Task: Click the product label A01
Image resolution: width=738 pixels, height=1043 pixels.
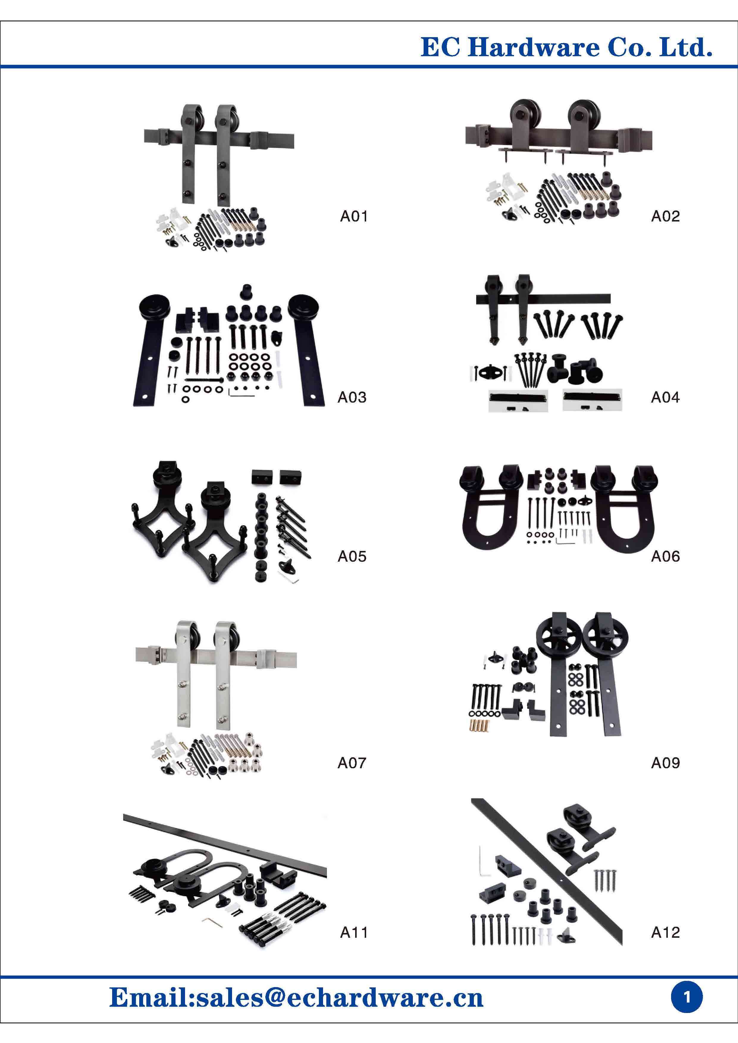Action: [x=354, y=216]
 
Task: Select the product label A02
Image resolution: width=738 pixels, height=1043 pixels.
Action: [x=665, y=216]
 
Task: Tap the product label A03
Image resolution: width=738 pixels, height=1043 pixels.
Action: [x=352, y=398]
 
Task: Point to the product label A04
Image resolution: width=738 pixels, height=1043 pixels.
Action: [x=665, y=398]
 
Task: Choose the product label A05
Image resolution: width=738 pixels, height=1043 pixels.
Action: [x=352, y=557]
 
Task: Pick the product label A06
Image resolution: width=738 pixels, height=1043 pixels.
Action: [x=665, y=557]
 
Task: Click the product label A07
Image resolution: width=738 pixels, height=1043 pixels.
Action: [x=352, y=763]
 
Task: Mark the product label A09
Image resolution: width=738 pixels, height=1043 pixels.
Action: [x=665, y=763]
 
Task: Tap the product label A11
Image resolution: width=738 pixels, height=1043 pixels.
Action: [x=354, y=929]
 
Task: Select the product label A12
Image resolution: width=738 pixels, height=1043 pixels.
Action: [x=665, y=929]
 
